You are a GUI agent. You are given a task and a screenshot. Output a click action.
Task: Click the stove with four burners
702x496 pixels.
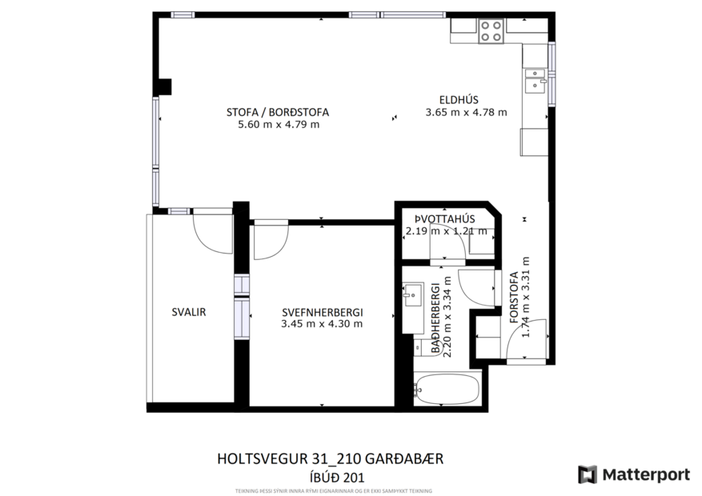pos(491,31)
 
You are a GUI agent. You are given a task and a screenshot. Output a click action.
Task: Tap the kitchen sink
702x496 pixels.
pos(534,80)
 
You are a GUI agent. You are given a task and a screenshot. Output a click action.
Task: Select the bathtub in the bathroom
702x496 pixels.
pos(447,391)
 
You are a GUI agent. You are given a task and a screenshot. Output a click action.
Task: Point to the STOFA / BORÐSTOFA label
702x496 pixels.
pos(277,112)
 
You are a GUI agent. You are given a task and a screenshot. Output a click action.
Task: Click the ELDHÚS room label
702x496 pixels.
pos(463,100)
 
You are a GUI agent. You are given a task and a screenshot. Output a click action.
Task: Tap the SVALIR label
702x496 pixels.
pos(189,313)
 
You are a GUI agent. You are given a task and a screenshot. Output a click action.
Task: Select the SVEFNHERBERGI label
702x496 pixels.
pos(322,313)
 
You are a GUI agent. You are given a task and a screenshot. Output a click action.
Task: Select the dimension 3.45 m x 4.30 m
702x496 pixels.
pos(322,324)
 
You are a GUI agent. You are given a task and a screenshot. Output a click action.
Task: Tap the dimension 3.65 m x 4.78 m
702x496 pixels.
pos(466,112)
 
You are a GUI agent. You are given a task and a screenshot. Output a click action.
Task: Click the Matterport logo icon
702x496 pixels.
pos(588,474)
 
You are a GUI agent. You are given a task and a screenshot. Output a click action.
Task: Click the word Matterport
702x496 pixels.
pos(645,474)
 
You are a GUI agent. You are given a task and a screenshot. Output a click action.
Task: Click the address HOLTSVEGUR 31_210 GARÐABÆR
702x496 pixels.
pos(330,459)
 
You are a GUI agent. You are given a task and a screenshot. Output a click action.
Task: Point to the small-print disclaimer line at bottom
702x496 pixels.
pos(333,490)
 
